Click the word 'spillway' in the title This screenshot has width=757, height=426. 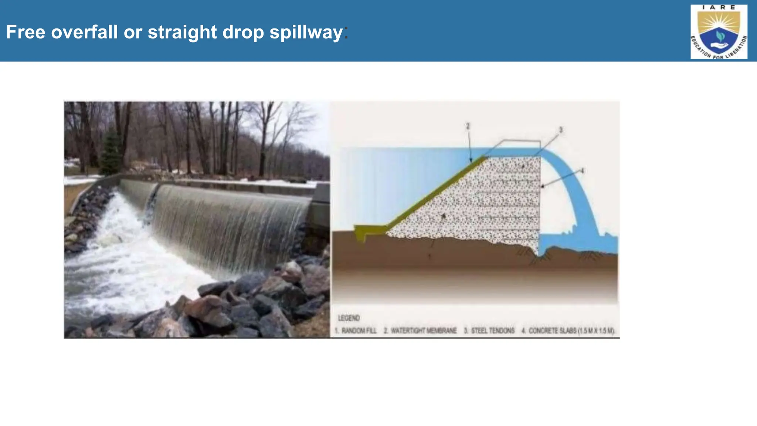coord(306,33)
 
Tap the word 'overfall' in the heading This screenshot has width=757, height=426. coord(84,32)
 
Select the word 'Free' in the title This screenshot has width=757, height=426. coord(26,32)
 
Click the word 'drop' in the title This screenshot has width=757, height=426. coord(243,33)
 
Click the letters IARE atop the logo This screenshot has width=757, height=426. coord(719,7)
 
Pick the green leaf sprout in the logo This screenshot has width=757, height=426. coord(719,36)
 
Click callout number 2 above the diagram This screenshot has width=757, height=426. coord(468,126)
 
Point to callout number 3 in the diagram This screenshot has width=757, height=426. coord(561,130)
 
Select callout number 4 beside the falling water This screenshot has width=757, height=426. coord(582,170)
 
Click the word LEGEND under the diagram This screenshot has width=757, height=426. coord(349,318)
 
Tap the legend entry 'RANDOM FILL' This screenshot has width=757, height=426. coord(356,331)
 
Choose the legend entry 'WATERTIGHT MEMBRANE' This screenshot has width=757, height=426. coord(420,331)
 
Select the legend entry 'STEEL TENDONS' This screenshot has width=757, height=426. coord(489,331)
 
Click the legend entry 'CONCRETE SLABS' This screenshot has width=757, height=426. coord(568,331)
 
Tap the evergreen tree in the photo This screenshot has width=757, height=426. coord(111,152)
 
